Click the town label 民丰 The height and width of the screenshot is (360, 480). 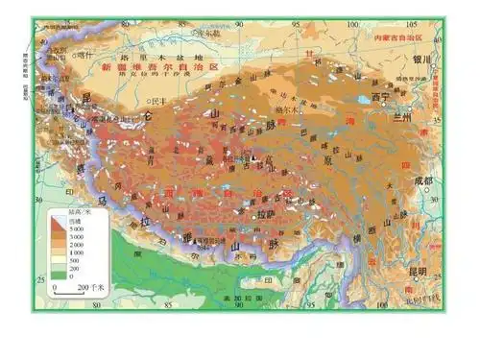point(157,99)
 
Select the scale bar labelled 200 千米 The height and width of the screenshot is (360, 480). point(72,285)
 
